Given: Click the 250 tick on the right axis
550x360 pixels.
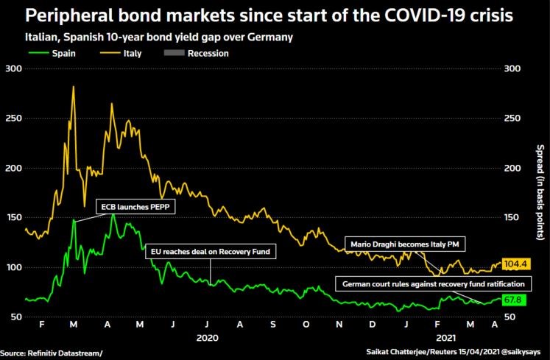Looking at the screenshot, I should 513,118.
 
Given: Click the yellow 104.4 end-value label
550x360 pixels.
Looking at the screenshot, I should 517,264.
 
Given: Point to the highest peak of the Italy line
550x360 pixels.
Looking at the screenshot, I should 73,87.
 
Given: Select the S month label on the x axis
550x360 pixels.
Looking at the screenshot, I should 273,324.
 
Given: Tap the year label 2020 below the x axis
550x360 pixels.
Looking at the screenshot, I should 207,339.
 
